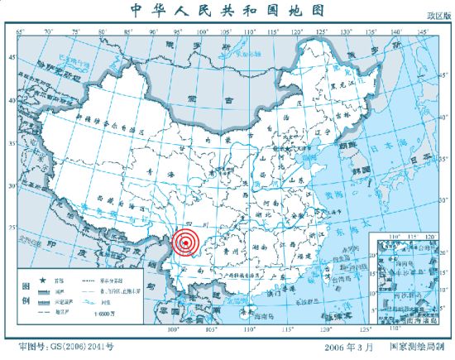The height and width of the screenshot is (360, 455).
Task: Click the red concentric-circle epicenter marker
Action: (186, 242)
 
